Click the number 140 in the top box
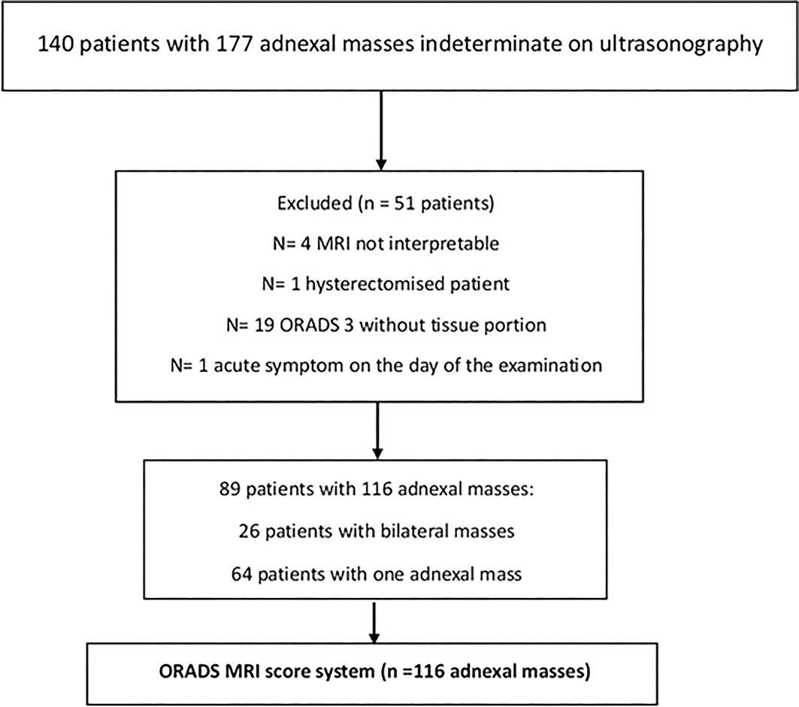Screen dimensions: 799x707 (x=56, y=44)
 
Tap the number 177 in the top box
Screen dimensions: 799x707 (x=235, y=44)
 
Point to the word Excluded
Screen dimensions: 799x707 (x=314, y=204)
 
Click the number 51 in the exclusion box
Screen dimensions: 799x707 (x=404, y=204)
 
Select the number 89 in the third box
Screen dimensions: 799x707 (x=230, y=489)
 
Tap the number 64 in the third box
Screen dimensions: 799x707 (x=241, y=574)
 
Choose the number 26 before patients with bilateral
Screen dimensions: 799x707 (x=250, y=531)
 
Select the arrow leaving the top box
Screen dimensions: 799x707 (x=380, y=131)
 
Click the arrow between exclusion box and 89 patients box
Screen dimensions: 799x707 (x=377, y=431)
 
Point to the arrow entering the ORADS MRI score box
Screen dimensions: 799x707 (x=374, y=622)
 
